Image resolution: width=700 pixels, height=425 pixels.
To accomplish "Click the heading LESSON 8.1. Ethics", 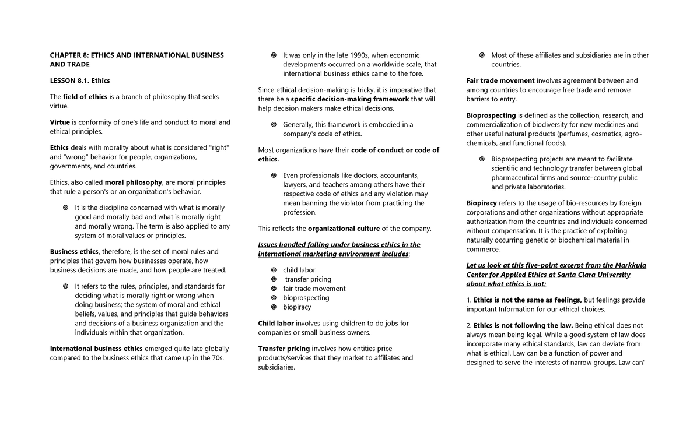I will tap(79, 80).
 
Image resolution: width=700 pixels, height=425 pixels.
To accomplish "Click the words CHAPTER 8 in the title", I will tap(68, 55).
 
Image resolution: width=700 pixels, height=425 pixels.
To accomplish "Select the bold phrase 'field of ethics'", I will tap(85, 97).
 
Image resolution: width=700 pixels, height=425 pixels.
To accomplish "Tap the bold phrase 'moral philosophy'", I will tap(133, 182).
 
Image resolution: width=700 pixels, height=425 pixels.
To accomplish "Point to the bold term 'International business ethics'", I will tap(96, 349).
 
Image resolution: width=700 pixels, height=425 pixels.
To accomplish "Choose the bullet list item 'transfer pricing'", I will tap(308, 279).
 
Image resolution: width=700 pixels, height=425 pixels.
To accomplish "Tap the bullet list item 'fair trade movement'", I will tap(314, 289).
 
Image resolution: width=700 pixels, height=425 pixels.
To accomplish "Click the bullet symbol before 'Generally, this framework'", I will tap(274, 125).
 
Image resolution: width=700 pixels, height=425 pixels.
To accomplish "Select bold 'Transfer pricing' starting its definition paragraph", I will tap(283, 349).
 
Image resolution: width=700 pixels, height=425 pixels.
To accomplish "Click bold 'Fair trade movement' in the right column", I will tap(501, 80).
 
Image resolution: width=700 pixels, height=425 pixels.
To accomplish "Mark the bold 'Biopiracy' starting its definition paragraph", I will tap(482, 203).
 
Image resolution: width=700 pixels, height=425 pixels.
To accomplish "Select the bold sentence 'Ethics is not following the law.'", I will tap(524, 325).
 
